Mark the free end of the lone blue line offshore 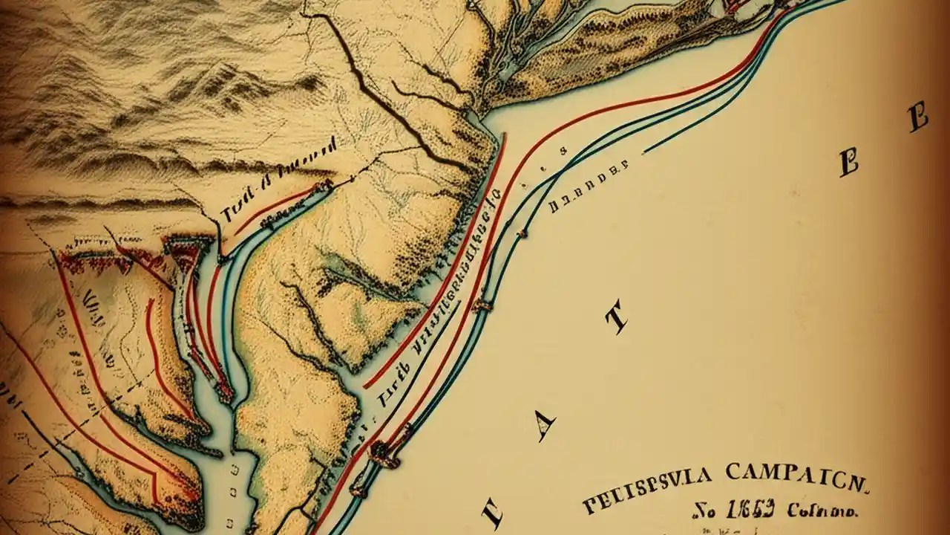point(644,152)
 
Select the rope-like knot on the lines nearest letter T point(481,303)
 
